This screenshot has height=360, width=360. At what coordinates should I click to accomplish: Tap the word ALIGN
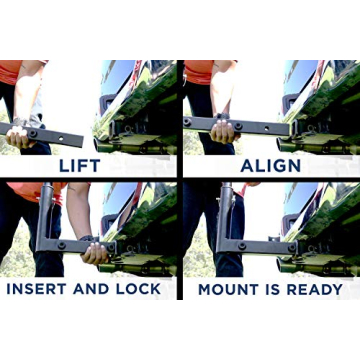270,165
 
